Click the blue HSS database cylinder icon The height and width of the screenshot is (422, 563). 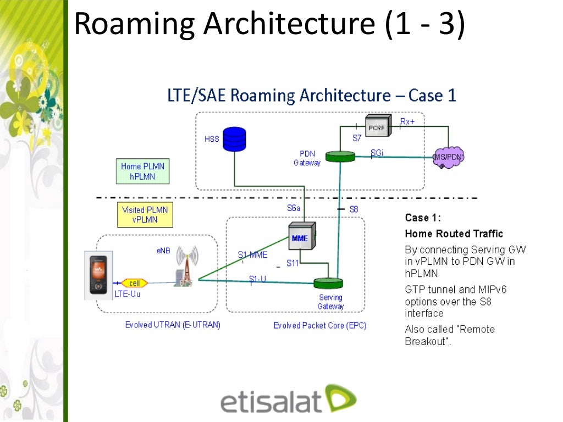click(x=234, y=138)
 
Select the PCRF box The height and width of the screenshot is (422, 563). click(x=379, y=126)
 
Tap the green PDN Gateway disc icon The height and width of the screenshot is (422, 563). click(x=340, y=157)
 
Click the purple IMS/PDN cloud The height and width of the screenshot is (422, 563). click(x=449, y=157)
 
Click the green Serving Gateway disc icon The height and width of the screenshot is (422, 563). click(x=328, y=284)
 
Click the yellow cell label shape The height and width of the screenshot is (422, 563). click(x=134, y=284)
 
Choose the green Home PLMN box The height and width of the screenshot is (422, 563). click(x=143, y=171)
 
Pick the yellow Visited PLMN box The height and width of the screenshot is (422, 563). click(x=145, y=215)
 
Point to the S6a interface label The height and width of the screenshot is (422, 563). click(x=294, y=208)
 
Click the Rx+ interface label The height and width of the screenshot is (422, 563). click(x=407, y=121)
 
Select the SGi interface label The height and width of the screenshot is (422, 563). click(x=377, y=152)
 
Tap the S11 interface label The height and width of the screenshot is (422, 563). click(x=292, y=263)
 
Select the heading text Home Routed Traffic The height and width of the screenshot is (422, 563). click(x=446, y=234)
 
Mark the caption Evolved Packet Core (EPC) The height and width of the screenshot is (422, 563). click(x=320, y=326)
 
